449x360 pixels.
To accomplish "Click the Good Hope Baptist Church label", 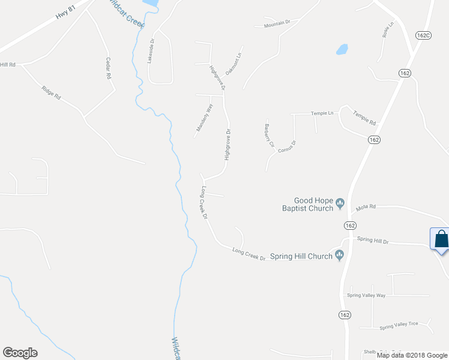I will [313, 205].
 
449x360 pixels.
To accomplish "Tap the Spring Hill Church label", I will [301, 256].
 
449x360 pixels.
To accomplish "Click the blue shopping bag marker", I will [441, 239].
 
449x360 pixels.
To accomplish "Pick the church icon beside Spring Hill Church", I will [340, 256].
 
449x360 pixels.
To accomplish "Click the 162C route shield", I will [423, 35].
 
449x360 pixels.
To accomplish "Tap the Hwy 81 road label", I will [66, 13].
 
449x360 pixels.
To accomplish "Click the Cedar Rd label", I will [109, 68].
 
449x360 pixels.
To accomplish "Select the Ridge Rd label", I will [52, 94].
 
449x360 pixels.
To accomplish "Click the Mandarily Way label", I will [205, 118].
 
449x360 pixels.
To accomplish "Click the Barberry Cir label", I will [268, 136].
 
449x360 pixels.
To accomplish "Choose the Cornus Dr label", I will [287, 147].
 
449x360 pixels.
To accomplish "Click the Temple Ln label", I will [321, 113].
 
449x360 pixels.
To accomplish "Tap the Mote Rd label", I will [364, 207].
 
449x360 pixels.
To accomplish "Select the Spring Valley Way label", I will [366, 295].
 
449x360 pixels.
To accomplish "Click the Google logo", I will [20, 353].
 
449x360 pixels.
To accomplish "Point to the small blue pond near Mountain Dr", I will [342, 49].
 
